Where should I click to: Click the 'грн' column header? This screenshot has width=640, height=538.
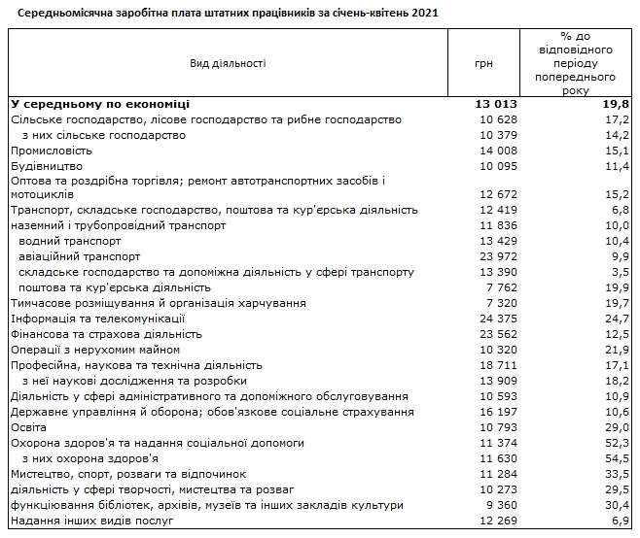click(483, 64)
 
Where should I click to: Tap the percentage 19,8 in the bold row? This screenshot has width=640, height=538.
click(617, 104)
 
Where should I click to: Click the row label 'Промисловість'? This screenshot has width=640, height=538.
click(52, 151)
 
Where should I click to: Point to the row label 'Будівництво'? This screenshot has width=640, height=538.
click(45, 166)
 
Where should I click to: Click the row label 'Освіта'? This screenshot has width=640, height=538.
click(28, 427)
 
